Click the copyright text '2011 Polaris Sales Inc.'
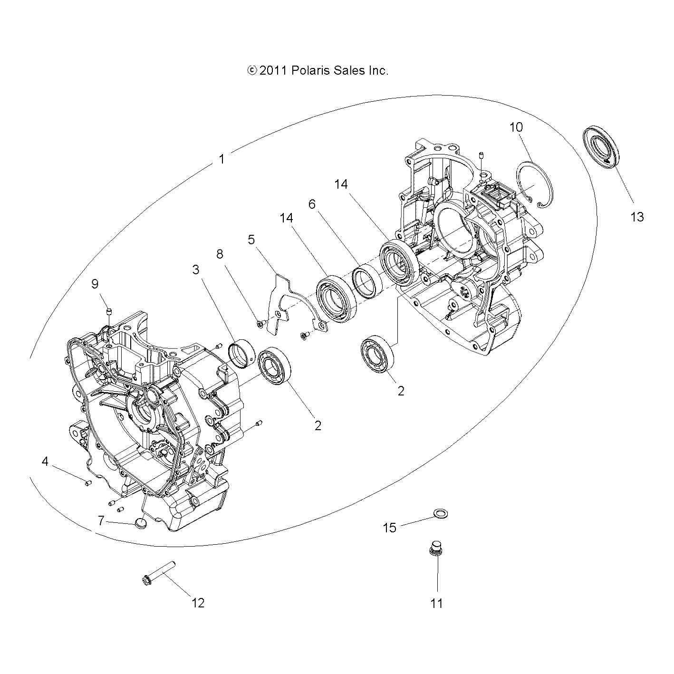(318, 71)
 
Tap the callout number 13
(637, 217)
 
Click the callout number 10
(516, 127)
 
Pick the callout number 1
(221, 159)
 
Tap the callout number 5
(251, 239)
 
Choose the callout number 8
(220, 254)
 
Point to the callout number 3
(196, 270)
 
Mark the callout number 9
(95, 284)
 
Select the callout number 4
(45, 461)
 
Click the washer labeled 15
(441, 513)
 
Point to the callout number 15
(390, 528)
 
